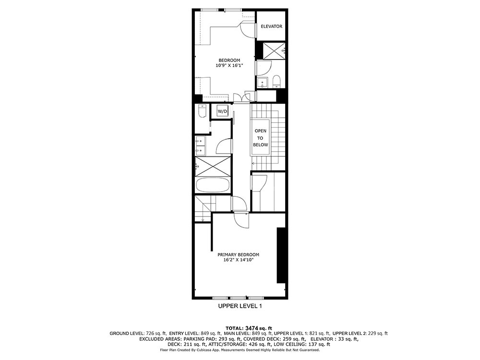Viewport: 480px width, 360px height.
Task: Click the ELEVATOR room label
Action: pos(271,26)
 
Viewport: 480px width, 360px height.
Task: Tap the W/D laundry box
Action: pos(223,111)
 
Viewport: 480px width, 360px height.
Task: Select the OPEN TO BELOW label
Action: pos(260,138)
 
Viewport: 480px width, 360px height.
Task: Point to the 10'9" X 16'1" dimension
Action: pos(229,65)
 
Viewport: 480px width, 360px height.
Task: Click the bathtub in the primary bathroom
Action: pos(213,185)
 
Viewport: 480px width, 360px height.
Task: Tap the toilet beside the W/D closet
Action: pos(203,111)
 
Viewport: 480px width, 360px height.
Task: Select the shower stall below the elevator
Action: pos(275,50)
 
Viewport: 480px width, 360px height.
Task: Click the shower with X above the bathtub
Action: pos(213,166)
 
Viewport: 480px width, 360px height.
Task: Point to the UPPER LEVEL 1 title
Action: pos(240,306)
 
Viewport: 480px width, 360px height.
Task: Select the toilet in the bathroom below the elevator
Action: pos(276,81)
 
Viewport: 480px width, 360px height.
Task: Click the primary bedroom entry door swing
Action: pos(241,220)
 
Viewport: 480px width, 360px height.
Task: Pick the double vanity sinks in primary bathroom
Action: pos(201,145)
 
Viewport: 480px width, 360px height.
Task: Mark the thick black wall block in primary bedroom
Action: pos(281,255)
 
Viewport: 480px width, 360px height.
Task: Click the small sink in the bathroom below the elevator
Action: pos(263,83)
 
